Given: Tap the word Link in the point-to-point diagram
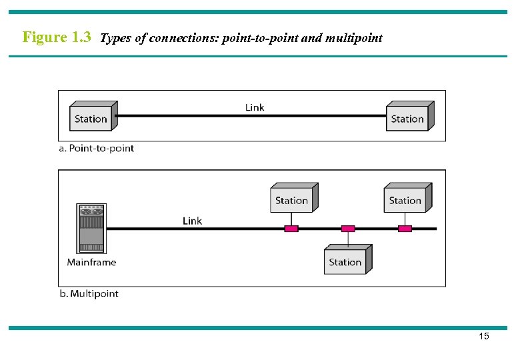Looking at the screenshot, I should point(255,107).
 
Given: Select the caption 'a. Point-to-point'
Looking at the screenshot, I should point(97,148).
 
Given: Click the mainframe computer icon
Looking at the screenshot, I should point(91,229).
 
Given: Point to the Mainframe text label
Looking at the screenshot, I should point(91,262).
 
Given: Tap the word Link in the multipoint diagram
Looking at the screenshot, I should point(192,221).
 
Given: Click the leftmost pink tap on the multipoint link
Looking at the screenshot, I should point(291,229).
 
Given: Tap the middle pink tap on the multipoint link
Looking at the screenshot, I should point(348,229).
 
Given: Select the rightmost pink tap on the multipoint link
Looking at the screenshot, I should point(405,229).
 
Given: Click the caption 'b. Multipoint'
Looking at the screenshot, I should point(89,293).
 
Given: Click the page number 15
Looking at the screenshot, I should point(484,336).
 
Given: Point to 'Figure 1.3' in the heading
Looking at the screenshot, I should point(57,37).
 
